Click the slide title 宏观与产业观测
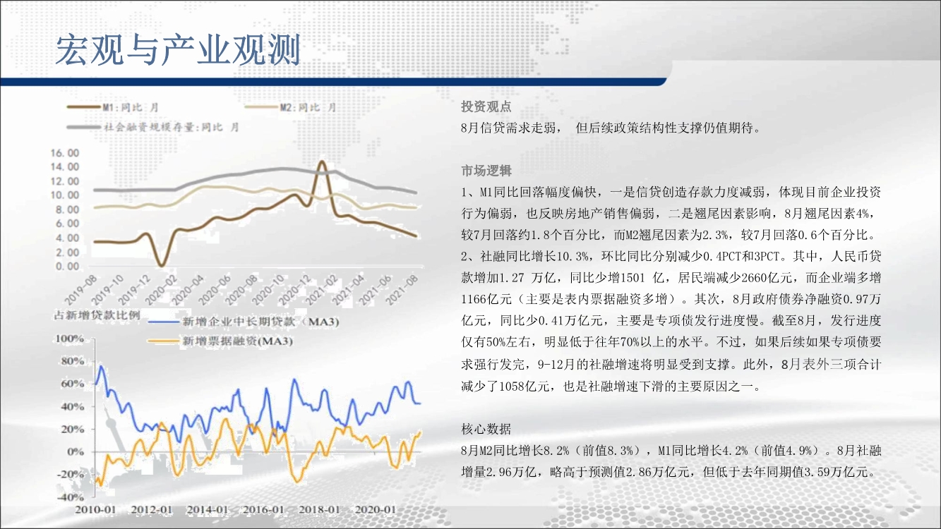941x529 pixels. pyautogui.click(x=178, y=50)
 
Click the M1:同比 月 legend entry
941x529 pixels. pyautogui.click(x=113, y=107)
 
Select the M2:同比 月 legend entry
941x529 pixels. pyautogui.click(x=291, y=107)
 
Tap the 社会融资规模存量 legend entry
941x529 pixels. pyautogui.click(x=153, y=127)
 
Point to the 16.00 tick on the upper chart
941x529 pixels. pyautogui.click(x=65, y=153)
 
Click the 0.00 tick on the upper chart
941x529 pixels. pyautogui.click(x=67, y=266)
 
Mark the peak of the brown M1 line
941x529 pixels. pyautogui.click(x=322, y=162)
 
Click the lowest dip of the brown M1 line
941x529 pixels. pyautogui.click(x=162, y=265)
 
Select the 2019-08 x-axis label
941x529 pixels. pyautogui.click(x=80, y=290)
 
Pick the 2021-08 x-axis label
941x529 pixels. pyautogui.click(x=402, y=290)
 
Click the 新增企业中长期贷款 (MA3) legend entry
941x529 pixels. pyautogui.click(x=244, y=322)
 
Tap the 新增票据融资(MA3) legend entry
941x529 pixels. pyautogui.click(x=220, y=341)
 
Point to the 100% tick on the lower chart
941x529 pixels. pyautogui.click(x=70, y=339)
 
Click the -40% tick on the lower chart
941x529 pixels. pyautogui.click(x=70, y=497)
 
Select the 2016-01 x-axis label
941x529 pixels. pyautogui.click(x=263, y=510)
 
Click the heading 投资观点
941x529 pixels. pyautogui.click(x=486, y=107)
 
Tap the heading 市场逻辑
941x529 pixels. pyautogui.click(x=486, y=171)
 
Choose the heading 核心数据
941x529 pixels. pyautogui.click(x=486, y=429)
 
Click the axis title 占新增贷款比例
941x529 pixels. pyautogui.click(x=97, y=315)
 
